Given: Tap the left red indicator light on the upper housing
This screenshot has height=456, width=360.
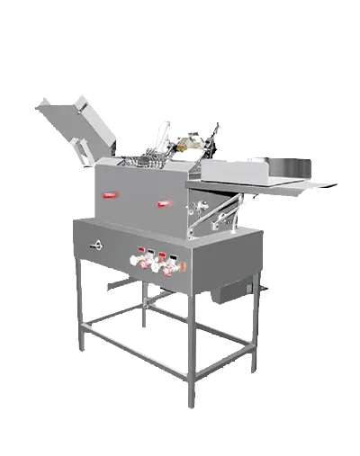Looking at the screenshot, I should coord(112,192).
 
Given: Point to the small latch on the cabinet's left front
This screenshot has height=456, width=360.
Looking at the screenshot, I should coord(94,246).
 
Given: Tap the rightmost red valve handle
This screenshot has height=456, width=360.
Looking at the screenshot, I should coord(166,267).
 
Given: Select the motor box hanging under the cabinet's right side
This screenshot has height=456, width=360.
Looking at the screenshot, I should coord(236,290).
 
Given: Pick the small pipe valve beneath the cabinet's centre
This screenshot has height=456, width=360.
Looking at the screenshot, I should coord(142,310).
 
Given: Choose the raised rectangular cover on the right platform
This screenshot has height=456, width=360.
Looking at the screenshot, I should coord(233,170).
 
